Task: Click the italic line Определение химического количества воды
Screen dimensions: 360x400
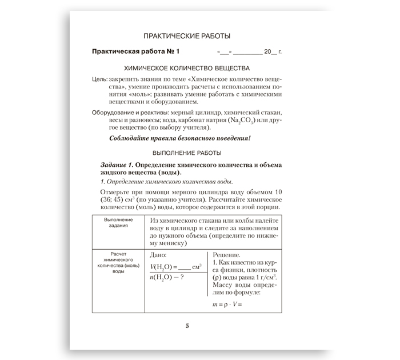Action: pos(167,182)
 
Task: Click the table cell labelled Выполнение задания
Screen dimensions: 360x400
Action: pos(118,222)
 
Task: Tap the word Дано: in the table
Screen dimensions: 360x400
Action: pos(158,255)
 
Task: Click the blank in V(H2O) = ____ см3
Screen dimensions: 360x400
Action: pos(185,267)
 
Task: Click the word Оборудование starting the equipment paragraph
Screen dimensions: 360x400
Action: pos(115,113)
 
